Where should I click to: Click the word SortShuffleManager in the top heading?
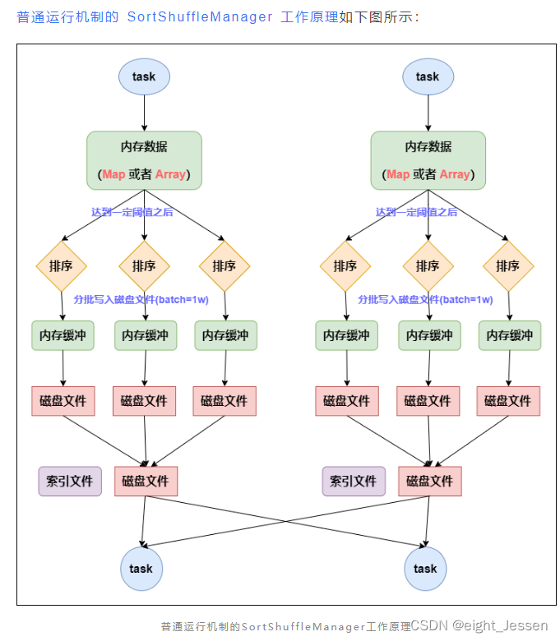[x=200, y=17]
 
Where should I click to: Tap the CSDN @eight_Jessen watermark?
[x=479, y=626]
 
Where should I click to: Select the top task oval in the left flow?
[x=144, y=77]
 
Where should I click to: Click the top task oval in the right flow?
[x=428, y=77]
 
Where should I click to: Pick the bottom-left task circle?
[x=141, y=569]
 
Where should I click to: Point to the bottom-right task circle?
[x=425, y=569]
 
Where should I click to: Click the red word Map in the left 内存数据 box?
[x=113, y=174]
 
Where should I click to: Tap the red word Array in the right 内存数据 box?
[x=454, y=174]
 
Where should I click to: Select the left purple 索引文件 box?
[x=70, y=482]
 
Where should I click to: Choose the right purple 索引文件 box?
[x=354, y=482]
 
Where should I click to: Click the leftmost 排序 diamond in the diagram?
[x=62, y=266]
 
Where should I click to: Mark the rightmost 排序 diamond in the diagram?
[x=508, y=266]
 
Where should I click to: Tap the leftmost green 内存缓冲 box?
[x=63, y=335]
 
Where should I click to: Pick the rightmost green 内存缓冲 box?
[x=510, y=335]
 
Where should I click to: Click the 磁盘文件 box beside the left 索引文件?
[x=146, y=482]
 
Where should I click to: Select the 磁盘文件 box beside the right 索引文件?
[x=430, y=482]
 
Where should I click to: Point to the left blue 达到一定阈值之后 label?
[x=132, y=212]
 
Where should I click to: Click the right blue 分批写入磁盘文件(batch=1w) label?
[x=425, y=300]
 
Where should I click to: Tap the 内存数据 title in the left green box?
[x=144, y=147]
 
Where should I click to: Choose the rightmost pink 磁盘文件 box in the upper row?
[x=508, y=401]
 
